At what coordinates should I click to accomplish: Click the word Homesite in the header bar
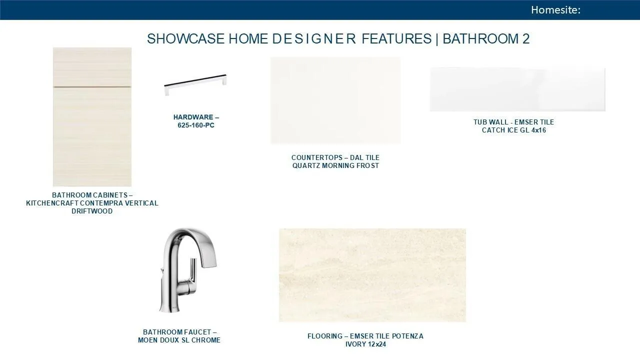pyautogui.click(x=554, y=10)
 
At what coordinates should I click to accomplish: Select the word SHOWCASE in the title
pyautogui.click(x=185, y=39)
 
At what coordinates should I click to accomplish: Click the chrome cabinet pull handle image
pyautogui.click(x=195, y=84)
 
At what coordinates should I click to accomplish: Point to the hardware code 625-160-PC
pyautogui.click(x=196, y=125)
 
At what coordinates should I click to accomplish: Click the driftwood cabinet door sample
pyautogui.click(x=92, y=117)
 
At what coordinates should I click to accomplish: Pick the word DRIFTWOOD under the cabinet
pyautogui.click(x=92, y=211)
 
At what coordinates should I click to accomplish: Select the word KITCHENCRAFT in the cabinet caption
pyautogui.click(x=52, y=203)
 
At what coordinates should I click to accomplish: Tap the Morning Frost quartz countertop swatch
pyautogui.click(x=335, y=100)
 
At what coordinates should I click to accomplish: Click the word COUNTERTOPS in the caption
pyautogui.click(x=317, y=157)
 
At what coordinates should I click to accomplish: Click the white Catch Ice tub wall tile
pyautogui.click(x=517, y=89)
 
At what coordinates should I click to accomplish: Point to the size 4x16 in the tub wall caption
pyautogui.click(x=538, y=130)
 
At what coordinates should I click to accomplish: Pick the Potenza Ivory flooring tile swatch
pyautogui.click(x=372, y=275)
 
